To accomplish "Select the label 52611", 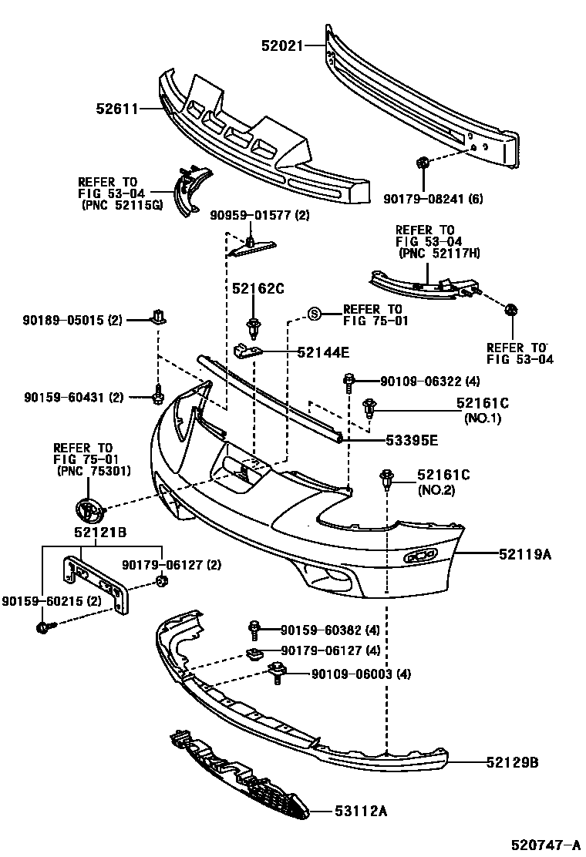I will pos(116,109).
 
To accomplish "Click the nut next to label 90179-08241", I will pos(422,163).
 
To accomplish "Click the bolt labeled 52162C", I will pos(252,324).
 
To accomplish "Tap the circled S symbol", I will pos(314,313).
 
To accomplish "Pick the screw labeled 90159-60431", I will pos(157,395).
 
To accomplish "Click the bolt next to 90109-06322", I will pos(349,380).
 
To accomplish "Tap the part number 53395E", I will pos(412,440).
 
